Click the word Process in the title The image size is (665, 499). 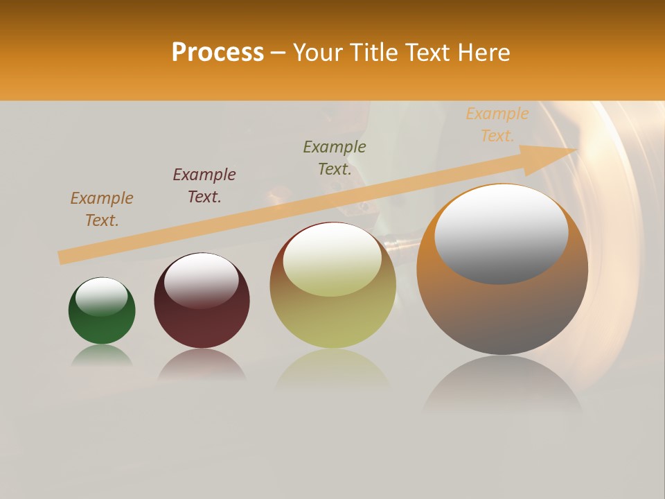pos(218,53)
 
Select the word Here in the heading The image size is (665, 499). pos(484,53)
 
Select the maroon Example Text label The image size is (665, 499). pos(204,186)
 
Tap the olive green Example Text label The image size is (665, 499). pos(335,158)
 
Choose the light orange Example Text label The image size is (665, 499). pos(497,125)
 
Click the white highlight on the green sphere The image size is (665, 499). pos(102,297)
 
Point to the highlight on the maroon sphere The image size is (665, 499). pos(202,280)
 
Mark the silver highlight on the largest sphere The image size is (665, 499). pos(502,234)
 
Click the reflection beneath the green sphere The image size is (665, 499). pos(102,356)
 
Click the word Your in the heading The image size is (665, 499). pos(316,53)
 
